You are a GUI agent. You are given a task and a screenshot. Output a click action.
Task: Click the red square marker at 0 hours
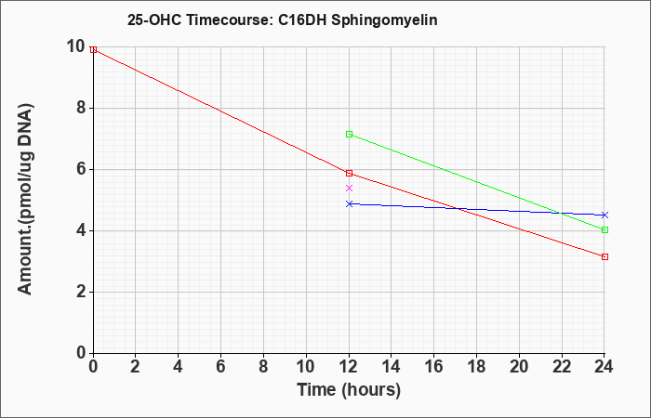93,50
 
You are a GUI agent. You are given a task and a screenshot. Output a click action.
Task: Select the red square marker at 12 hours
349,173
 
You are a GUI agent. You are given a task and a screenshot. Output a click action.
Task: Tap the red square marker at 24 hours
604,256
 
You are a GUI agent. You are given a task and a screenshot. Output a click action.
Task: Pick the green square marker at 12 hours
349,134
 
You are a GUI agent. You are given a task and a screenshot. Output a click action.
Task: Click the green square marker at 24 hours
604,229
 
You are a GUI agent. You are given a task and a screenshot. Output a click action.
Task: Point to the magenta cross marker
349,188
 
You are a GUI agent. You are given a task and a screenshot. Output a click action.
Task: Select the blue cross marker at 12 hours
349,203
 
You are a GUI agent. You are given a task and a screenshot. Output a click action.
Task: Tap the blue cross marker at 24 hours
604,215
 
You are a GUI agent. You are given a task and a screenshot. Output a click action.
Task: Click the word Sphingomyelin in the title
384,20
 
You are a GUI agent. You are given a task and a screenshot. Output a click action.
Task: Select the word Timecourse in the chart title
228,20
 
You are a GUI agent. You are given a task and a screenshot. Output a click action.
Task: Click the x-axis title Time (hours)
349,390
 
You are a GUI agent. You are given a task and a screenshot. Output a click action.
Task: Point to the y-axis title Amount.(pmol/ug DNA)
25,199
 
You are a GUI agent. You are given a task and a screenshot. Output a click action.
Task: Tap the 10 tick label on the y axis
75,46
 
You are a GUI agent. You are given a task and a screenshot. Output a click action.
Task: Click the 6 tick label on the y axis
81,170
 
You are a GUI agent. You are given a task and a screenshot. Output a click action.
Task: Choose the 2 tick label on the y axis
81,293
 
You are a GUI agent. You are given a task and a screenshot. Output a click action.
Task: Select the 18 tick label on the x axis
476,367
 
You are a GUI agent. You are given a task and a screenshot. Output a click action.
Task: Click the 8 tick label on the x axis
263,367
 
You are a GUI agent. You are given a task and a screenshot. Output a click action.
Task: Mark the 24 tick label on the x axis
604,367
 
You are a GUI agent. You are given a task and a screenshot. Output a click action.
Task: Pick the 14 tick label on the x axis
392,367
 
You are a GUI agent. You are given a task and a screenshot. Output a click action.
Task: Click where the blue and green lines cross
562,213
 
